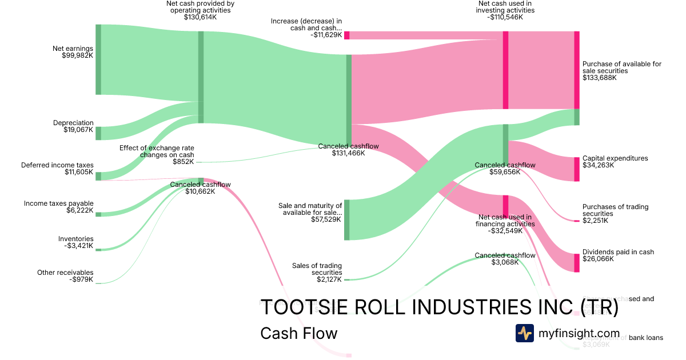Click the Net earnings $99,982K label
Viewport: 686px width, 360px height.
(x=77, y=52)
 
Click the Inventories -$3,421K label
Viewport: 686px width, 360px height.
(x=75, y=242)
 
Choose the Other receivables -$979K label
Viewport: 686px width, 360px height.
(x=65, y=276)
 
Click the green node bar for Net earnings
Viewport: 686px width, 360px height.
(x=98, y=59)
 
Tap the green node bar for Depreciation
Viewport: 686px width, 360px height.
(x=98, y=133)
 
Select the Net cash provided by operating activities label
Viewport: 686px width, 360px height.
(x=200, y=10)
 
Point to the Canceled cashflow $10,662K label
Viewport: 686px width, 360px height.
(x=200, y=188)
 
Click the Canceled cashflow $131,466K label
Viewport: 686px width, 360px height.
(x=348, y=150)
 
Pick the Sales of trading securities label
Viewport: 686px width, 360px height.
(x=317, y=273)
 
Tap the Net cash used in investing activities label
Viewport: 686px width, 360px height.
(x=505, y=10)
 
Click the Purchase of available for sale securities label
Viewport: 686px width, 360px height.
(x=621, y=71)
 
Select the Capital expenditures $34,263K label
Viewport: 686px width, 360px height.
(x=615, y=162)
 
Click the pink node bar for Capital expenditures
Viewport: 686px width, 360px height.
(x=576, y=169)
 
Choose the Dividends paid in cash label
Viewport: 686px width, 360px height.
(x=618, y=255)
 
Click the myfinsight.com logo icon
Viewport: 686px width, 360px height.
(x=525, y=333)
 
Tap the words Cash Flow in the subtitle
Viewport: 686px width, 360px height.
(x=298, y=333)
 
